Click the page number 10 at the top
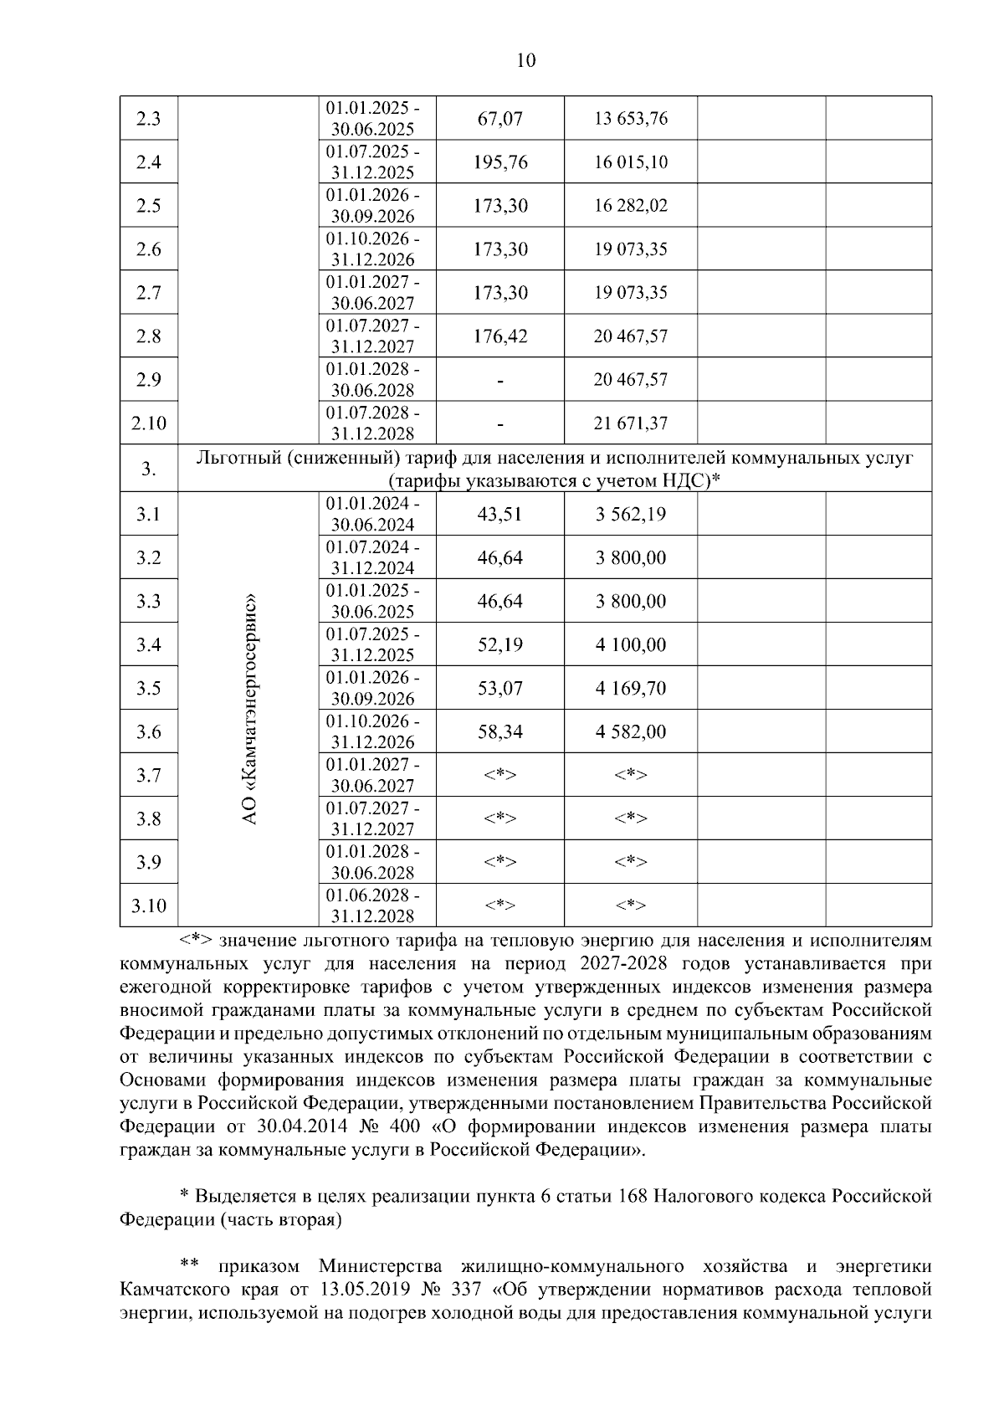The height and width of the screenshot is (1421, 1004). coord(526,60)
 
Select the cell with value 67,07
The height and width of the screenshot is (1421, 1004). coord(499,119)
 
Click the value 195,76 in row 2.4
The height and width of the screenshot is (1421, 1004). coord(500,162)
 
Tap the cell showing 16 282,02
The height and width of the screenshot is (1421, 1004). coord(631,206)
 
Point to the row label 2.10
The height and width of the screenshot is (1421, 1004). coord(148,423)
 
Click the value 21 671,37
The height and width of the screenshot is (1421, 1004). coord(631,423)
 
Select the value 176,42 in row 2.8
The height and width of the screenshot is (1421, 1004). coord(500,336)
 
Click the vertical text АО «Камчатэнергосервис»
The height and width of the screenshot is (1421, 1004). coord(250,709)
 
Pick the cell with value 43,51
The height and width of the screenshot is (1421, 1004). coord(499,514)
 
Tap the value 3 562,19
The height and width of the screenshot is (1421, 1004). coord(631,514)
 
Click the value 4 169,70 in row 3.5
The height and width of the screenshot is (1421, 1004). coord(631,688)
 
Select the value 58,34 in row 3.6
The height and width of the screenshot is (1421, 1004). coord(499,732)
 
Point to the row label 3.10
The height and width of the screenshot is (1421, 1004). coord(148,905)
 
